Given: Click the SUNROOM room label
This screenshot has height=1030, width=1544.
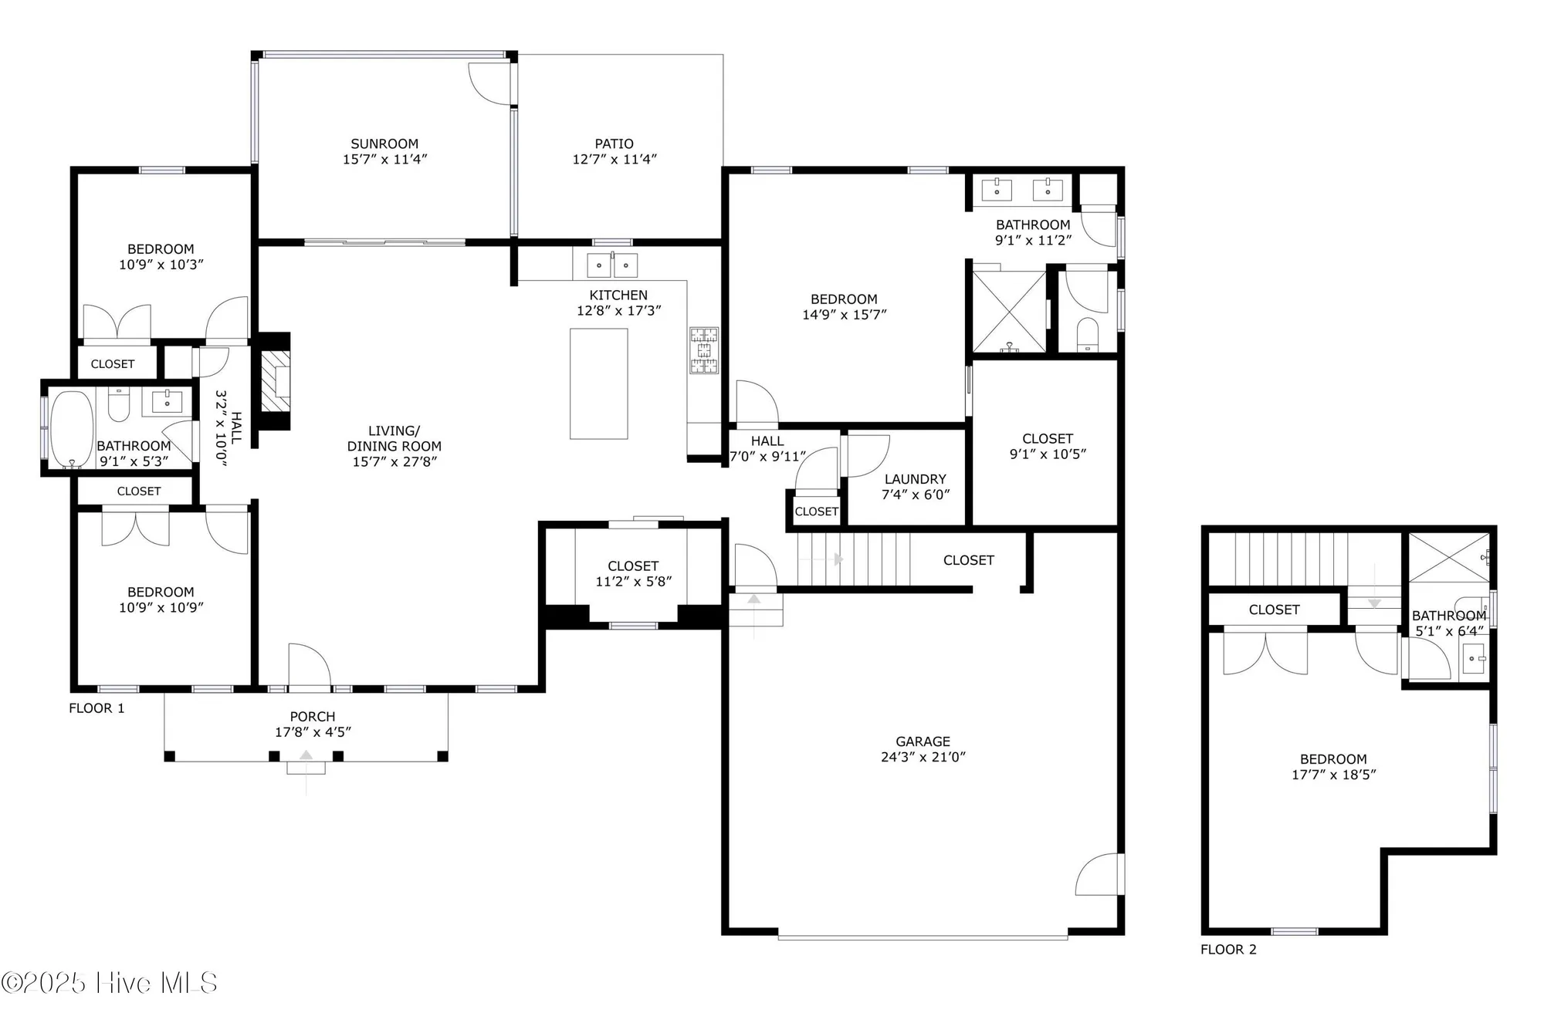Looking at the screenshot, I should [384, 144].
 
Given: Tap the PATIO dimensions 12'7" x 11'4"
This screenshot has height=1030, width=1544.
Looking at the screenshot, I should [615, 159].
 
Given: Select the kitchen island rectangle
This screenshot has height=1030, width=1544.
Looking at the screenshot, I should [598, 383].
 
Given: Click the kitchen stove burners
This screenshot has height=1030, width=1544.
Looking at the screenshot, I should [703, 350].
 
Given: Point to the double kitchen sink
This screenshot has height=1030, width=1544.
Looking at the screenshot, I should [612, 265].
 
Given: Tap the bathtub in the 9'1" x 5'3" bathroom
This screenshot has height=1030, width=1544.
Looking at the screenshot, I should [72, 429].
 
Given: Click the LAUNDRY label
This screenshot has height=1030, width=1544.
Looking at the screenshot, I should [915, 479].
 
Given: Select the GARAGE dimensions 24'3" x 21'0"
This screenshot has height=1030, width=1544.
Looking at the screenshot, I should [923, 758].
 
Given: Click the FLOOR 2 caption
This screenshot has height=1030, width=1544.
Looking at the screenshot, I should [1228, 949].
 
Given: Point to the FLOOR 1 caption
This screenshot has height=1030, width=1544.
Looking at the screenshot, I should [96, 708].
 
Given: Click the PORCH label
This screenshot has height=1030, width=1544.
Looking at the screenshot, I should [313, 717].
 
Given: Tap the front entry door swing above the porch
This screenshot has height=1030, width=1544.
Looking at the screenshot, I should [309, 666].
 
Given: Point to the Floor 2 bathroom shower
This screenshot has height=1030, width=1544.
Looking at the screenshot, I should [1449, 557].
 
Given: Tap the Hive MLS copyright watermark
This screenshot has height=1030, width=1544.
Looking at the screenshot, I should [110, 982].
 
